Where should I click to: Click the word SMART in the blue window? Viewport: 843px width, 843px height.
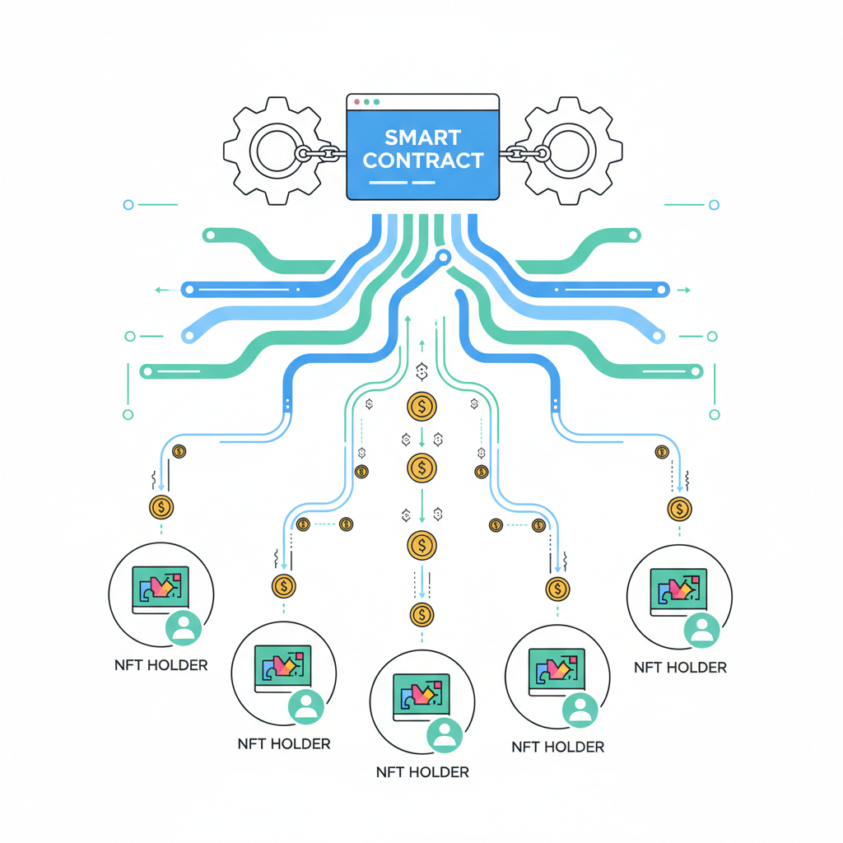pos(423,137)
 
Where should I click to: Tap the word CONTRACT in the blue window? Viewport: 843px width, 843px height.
pos(423,160)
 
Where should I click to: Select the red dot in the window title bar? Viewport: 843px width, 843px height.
pos(356,102)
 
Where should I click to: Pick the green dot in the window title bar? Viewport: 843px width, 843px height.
pos(376,102)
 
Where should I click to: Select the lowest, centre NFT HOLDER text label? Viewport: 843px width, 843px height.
pos(421,772)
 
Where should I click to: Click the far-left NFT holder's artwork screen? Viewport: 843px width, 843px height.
pos(161,587)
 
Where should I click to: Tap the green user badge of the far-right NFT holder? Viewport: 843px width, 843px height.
pos(701,630)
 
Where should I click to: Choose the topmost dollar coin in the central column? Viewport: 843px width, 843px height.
pos(421,406)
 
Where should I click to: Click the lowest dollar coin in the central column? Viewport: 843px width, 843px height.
pos(421,613)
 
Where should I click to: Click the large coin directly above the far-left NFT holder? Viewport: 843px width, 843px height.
pos(161,507)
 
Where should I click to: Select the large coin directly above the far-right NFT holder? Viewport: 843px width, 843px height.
pos(679,509)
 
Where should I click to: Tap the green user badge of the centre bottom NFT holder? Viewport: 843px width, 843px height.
pos(445,734)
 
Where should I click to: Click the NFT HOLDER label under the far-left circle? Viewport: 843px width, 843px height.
pos(161,664)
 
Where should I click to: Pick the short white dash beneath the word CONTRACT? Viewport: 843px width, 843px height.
pos(422,181)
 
